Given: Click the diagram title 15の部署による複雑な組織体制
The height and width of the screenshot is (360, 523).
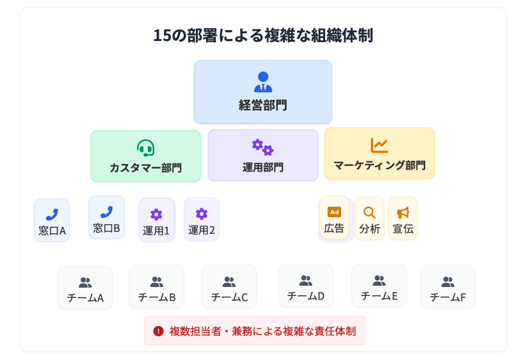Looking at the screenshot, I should coord(262,35).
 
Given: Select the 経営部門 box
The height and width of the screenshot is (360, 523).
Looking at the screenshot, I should coord(262,92).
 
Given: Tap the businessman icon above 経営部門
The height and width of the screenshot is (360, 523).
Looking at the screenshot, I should coord(263,81).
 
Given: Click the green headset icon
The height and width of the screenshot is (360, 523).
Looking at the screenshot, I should coord(146,148).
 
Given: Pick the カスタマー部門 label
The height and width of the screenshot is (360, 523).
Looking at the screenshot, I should coord(145,168).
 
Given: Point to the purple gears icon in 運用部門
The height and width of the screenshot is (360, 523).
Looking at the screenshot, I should coord(262,147).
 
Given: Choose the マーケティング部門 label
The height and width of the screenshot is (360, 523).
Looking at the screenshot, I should coord(380,165).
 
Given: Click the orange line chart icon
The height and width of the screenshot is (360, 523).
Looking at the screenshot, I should coord(379,145).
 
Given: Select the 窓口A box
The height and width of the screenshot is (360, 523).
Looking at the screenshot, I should coord(52,220).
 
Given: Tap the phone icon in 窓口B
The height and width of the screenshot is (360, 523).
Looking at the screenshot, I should coord(106,212).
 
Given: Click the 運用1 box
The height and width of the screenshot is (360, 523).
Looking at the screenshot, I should coord(156,220).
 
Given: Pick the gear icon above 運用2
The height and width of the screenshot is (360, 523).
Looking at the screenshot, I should coord(202,214).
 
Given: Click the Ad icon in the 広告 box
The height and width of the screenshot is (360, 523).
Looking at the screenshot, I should coord(334,212).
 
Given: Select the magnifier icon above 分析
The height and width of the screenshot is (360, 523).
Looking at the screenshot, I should coord(369,213).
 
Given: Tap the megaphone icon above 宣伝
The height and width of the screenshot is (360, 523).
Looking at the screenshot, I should coord(403,213).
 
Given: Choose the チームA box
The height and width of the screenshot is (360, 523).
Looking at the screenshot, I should coord(85,288).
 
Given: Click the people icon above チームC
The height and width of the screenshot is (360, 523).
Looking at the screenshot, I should coord(229,282).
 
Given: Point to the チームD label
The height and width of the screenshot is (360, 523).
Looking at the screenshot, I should coord(306,296).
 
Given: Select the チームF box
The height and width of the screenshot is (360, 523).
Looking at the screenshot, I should coord(447,287).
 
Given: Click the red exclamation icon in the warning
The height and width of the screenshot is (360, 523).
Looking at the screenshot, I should coord(159,331).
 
